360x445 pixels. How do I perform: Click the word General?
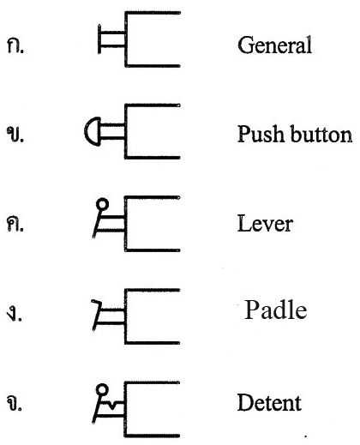(274, 45)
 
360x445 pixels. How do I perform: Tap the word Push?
(260, 134)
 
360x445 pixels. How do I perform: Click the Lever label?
(265, 223)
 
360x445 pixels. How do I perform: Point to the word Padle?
(276, 310)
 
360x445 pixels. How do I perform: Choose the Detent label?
(269, 402)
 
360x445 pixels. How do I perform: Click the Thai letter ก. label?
(15, 46)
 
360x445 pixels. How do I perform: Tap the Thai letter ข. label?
(15, 134)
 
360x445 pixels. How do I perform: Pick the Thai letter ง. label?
(15, 315)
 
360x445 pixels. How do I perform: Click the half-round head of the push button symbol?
(93, 131)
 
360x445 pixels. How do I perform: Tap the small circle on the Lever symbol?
(102, 204)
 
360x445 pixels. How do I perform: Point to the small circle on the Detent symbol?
(102, 390)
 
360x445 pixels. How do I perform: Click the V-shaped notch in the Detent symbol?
(112, 405)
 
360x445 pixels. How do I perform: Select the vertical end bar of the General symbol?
(99, 39)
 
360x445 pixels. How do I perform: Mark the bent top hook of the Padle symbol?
(97, 302)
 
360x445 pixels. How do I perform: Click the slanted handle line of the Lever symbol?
(97, 224)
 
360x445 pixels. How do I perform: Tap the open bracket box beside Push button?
(153, 131)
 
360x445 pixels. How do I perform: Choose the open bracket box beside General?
(153, 39)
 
